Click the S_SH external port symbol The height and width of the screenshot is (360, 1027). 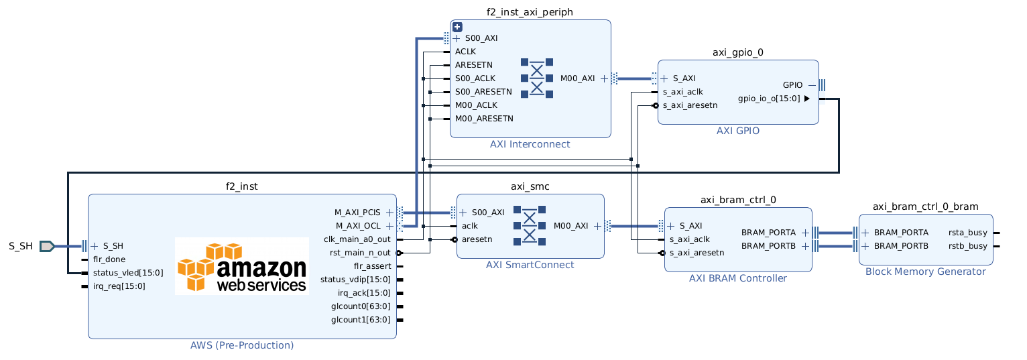[x=47, y=246]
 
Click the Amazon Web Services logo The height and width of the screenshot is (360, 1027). [x=242, y=267]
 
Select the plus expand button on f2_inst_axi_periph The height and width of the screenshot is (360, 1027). [x=457, y=27]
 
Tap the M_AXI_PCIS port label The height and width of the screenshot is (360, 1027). [x=357, y=213]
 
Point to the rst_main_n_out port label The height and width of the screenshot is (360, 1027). [x=360, y=253]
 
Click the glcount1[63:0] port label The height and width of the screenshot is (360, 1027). [x=361, y=320]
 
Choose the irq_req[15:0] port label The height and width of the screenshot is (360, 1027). [x=119, y=286]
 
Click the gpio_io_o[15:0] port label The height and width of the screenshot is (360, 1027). [x=769, y=99]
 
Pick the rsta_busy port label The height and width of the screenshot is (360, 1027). [x=967, y=233]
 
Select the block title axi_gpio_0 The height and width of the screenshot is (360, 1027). [x=737, y=52]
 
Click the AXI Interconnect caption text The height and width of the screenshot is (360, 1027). [x=530, y=144]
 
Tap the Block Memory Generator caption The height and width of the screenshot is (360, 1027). [x=925, y=272]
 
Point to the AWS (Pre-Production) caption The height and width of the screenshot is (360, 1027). [x=242, y=346]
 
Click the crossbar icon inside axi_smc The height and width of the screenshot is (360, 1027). [x=530, y=225]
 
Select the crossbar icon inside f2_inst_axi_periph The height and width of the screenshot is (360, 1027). [x=537, y=78]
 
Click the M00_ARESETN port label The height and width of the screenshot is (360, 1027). [x=484, y=119]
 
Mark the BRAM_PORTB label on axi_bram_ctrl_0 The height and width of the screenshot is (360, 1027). [x=768, y=246]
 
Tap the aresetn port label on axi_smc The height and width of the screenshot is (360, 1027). [x=477, y=239]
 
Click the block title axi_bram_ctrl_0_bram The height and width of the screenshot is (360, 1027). [x=925, y=206]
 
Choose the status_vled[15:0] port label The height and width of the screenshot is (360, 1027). [x=128, y=273]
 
